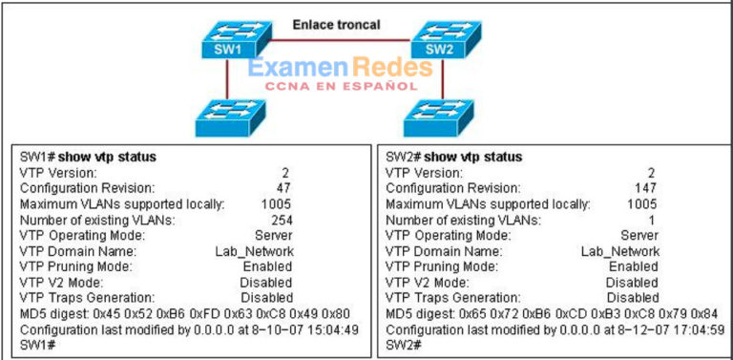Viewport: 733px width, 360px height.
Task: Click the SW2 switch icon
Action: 438,43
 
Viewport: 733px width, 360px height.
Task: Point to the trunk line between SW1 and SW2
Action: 334,42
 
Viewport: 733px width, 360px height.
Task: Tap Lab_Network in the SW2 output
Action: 621,251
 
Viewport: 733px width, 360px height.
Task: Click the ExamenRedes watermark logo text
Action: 331,69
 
